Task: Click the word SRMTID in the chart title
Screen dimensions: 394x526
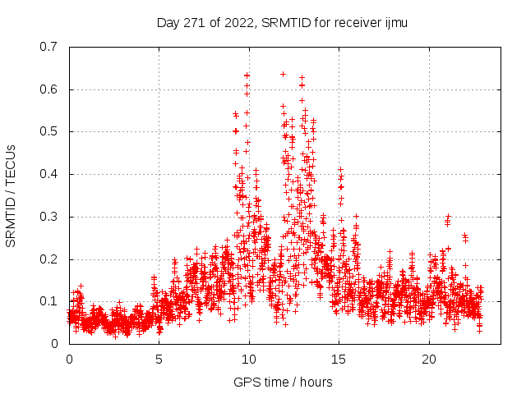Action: [x=281, y=23]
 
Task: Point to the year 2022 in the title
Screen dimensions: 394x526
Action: [x=238, y=23]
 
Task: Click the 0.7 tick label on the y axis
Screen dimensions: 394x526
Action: [x=49, y=47]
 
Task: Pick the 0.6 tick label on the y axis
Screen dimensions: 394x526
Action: [x=49, y=89]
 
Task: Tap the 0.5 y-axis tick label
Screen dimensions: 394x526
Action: [x=49, y=131]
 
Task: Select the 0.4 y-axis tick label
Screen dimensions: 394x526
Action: [x=49, y=174]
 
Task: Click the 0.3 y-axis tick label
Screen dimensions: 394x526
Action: [x=49, y=217]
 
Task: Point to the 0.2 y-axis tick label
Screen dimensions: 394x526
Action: [x=49, y=259]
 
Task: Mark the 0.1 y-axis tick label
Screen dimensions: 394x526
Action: [x=49, y=301]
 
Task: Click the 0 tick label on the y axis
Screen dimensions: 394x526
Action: [x=55, y=344]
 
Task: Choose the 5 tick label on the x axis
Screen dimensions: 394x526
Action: [x=159, y=360]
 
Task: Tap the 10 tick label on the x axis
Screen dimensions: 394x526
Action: [x=249, y=360]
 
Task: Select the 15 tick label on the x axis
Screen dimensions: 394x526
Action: [x=339, y=360]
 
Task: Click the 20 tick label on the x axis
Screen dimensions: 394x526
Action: [x=429, y=360]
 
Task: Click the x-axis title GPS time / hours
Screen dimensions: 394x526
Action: [x=283, y=382]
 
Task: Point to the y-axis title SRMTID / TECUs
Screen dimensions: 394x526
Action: [x=12, y=195]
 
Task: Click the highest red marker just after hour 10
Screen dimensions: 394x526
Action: [x=247, y=76]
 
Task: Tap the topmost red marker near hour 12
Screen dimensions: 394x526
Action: [x=283, y=74]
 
